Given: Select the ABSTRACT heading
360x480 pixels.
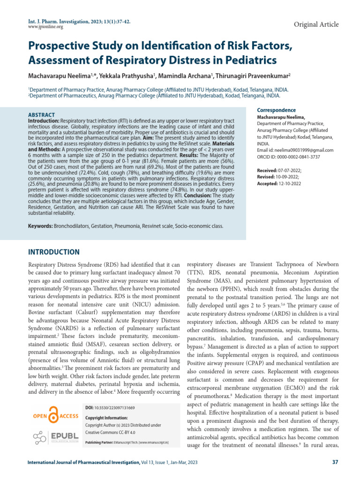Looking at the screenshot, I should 42,115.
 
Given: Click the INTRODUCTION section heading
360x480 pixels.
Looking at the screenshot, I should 54,252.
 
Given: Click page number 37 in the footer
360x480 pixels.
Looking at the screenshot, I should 335,463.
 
